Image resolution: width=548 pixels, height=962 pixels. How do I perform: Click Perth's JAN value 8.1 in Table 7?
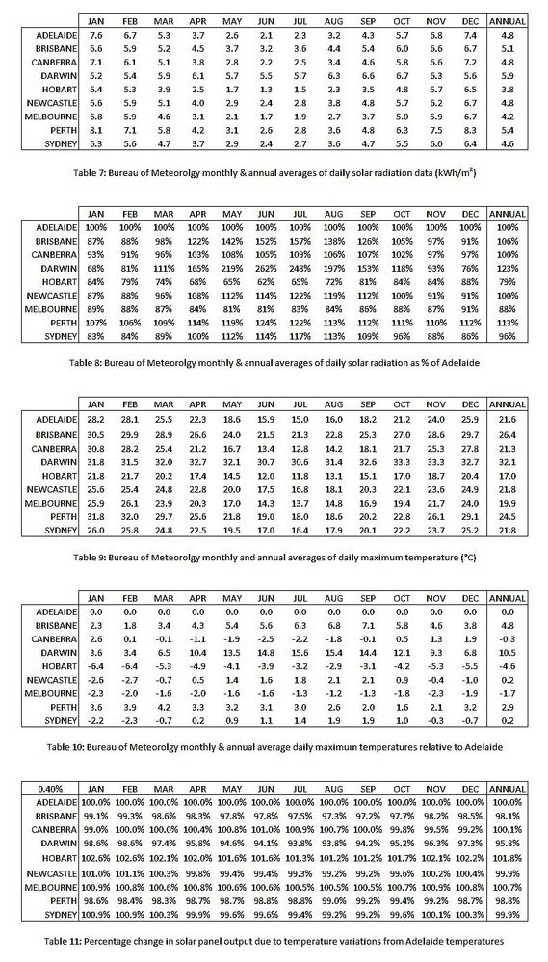click(96, 128)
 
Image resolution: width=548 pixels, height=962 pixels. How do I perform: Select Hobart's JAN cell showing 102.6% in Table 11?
click(96, 856)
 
